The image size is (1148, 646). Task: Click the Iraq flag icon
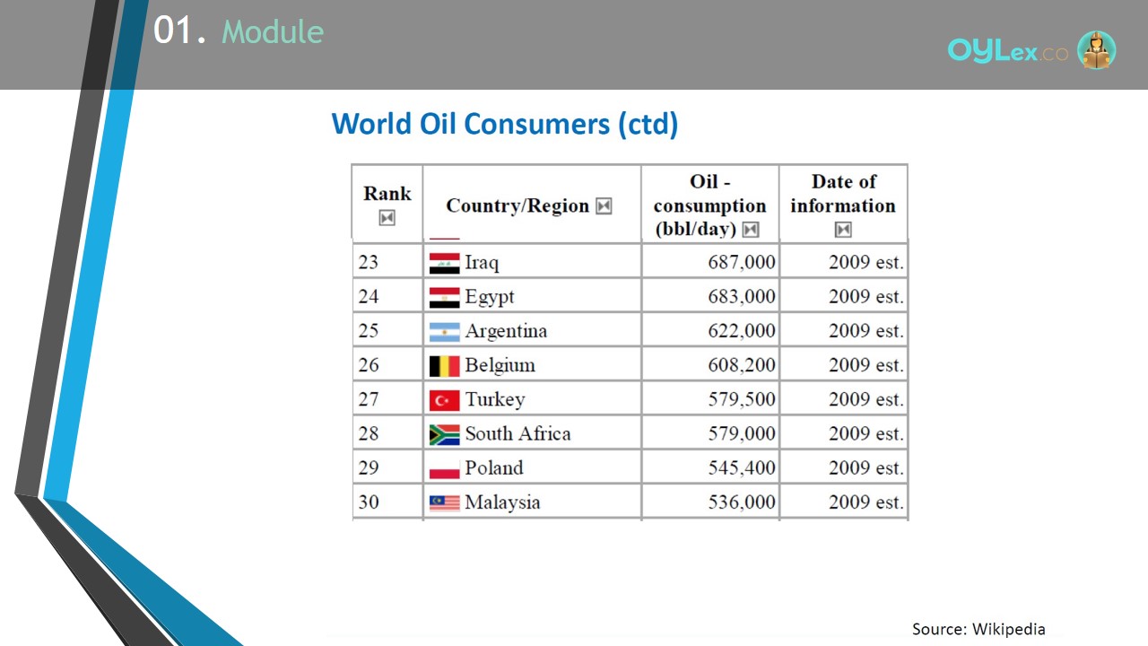(444, 263)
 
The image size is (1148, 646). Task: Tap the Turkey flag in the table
(444, 400)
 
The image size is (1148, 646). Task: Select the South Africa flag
(444, 435)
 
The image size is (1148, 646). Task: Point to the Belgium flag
(444, 366)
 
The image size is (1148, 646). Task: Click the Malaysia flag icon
(444, 503)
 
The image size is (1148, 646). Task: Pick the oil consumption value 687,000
(742, 262)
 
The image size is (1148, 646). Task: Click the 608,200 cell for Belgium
(742, 365)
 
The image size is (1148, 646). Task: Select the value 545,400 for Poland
(742, 467)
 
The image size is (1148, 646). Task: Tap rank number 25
(369, 331)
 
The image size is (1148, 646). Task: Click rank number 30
(369, 502)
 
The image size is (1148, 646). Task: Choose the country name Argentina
(506, 331)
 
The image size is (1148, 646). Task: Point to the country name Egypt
(489, 297)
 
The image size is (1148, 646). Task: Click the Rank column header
(387, 194)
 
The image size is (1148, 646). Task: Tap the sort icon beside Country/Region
(604, 206)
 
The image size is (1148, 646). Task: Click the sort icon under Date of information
(843, 229)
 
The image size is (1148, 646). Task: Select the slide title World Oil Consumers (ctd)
(505, 124)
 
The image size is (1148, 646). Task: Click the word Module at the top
(273, 31)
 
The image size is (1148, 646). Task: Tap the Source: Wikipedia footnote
(978, 629)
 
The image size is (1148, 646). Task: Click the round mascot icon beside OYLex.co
(1096, 49)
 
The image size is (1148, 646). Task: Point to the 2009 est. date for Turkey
(865, 399)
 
